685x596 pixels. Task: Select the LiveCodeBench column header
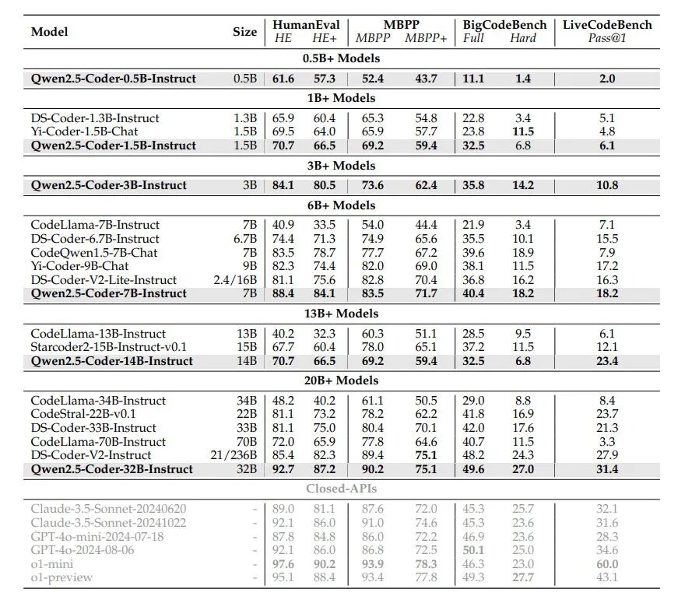pyautogui.click(x=607, y=24)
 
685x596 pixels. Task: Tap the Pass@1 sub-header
pyautogui.click(x=607, y=38)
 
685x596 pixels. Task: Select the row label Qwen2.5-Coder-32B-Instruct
pyautogui.click(x=112, y=469)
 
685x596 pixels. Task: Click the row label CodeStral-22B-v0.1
pyautogui.click(x=83, y=415)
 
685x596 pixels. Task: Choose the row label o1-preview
pyautogui.click(x=61, y=577)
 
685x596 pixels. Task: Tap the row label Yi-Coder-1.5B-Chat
pyautogui.click(x=85, y=131)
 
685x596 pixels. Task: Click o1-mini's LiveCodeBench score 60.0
pyautogui.click(x=607, y=564)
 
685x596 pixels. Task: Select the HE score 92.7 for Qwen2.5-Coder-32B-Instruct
pyautogui.click(x=283, y=469)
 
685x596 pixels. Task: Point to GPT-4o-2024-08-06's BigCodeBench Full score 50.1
pyautogui.click(x=473, y=550)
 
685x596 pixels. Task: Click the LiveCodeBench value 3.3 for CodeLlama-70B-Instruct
pyautogui.click(x=607, y=442)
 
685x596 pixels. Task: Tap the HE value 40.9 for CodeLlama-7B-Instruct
pyautogui.click(x=283, y=226)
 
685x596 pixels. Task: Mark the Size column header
pyautogui.click(x=244, y=32)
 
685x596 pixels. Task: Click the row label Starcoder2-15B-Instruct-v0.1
pyautogui.click(x=109, y=347)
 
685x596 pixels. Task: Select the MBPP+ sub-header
pyautogui.click(x=426, y=38)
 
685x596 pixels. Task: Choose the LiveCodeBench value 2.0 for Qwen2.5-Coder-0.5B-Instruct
pyautogui.click(x=607, y=79)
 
